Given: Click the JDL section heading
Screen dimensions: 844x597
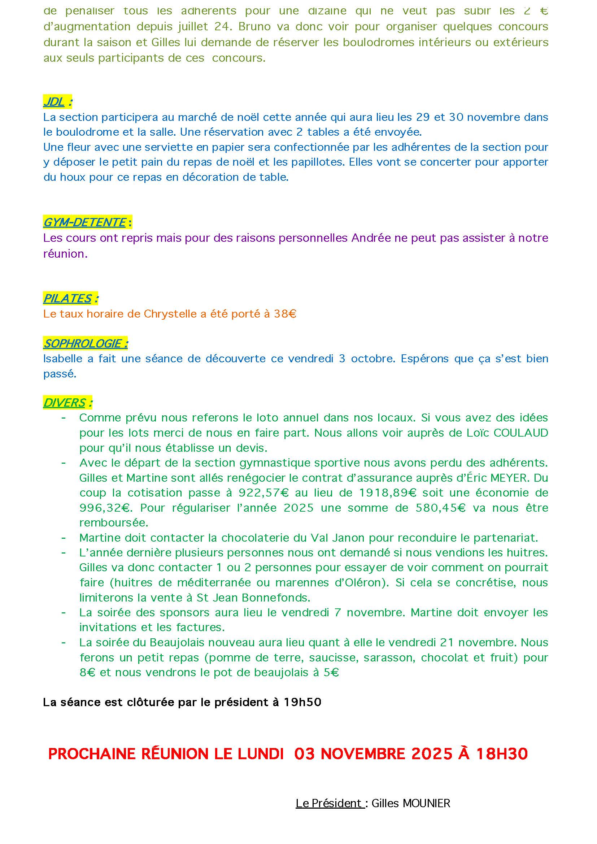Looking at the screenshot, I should click(x=54, y=102).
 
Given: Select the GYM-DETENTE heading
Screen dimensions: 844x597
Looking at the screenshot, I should click(x=84, y=222).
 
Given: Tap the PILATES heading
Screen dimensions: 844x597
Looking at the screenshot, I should click(x=67, y=298).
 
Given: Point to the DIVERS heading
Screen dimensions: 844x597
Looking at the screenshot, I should click(x=64, y=403).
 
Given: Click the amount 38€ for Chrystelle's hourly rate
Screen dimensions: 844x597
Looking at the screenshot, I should click(x=285, y=314).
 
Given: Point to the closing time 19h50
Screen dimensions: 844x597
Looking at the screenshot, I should click(x=302, y=703).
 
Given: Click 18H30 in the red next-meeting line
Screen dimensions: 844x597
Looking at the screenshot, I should click(x=502, y=754).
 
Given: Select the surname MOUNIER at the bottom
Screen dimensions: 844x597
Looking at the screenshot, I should click(x=426, y=804).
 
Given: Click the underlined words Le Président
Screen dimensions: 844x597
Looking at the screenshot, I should click(x=329, y=804).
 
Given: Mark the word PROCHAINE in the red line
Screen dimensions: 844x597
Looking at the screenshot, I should click(x=92, y=754).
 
